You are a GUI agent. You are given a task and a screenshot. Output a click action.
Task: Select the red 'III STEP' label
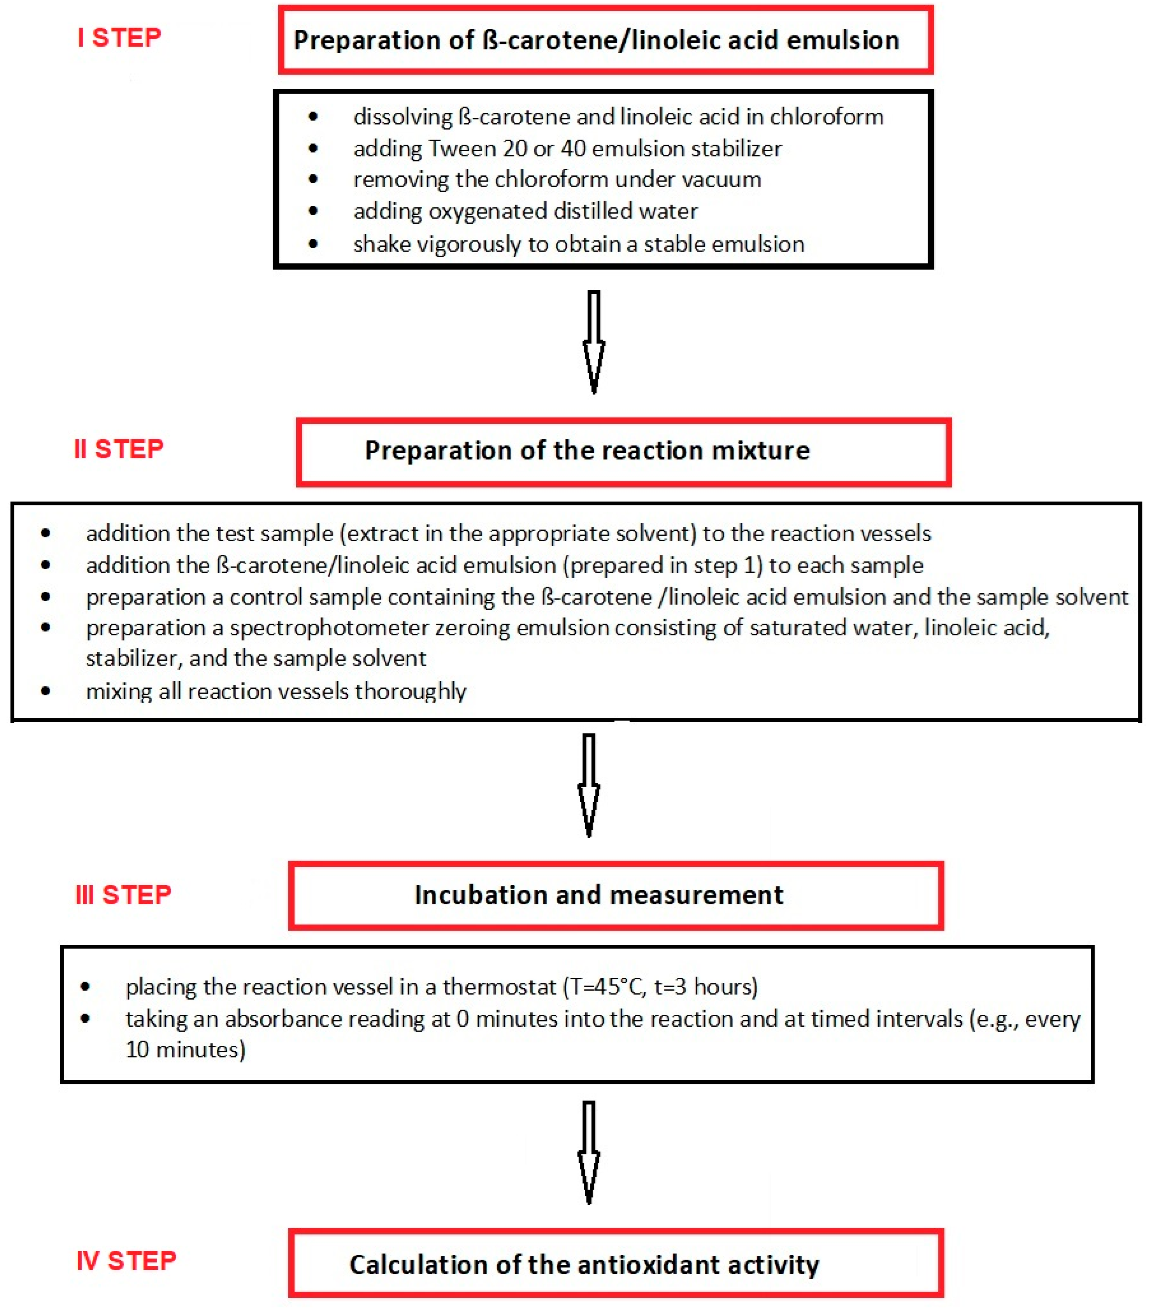point(123,895)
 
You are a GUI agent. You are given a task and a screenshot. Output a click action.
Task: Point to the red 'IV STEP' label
point(126,1261)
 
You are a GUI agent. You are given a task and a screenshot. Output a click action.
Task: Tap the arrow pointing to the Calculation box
point(589,1153)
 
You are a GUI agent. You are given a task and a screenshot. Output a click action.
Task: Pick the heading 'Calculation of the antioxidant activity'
point(584,1265)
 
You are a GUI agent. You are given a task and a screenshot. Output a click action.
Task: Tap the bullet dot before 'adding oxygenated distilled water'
point(313,211)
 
